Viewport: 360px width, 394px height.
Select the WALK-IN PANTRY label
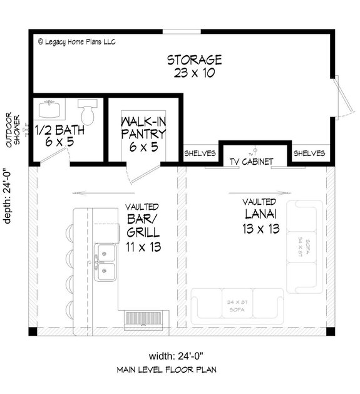click(x=143, y=127)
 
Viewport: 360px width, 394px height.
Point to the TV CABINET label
click(x=251, y=162)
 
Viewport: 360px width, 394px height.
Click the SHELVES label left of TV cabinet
click(x=200, y=153)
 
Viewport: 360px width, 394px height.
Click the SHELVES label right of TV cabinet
click(x=309, y=153)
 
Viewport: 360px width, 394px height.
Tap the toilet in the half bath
click(x=87, y=112)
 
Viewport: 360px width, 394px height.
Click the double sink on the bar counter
click(x=105, y=263)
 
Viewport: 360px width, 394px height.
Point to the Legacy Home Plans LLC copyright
click(x=76, y=42)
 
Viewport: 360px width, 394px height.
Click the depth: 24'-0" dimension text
click(x=8, y=194)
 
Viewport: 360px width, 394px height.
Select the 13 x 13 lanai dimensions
click(x=259, y=229)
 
